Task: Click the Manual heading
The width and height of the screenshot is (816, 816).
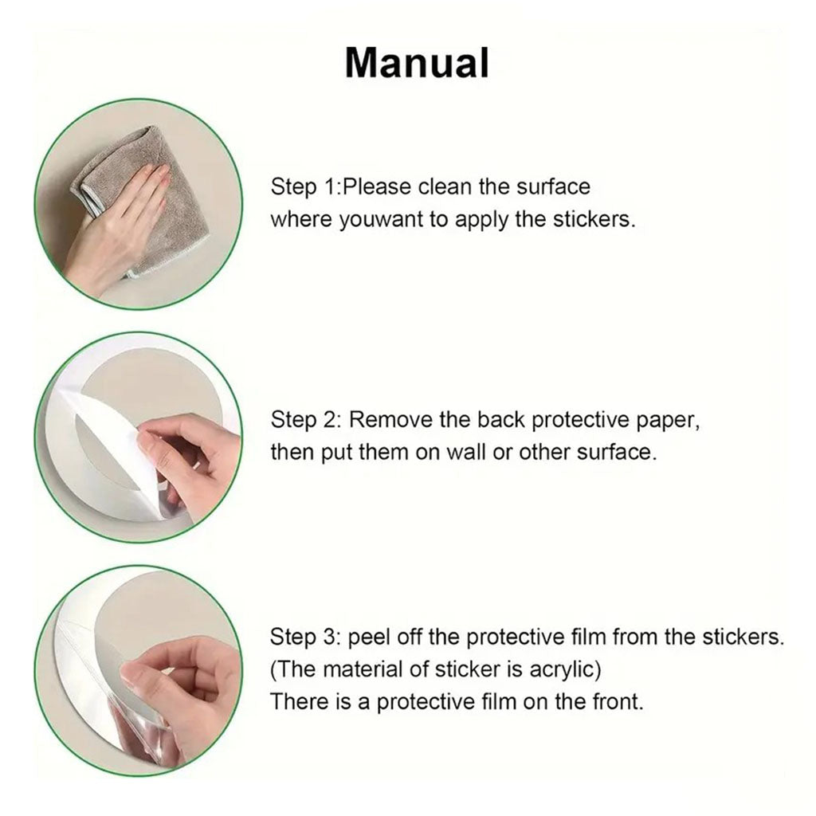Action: tap(417, 62)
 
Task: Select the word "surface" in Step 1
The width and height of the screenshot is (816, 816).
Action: tap(553, 186)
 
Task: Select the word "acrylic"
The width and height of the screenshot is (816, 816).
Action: tap(565, 669)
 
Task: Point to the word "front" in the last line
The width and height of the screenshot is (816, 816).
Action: tap(618, 701)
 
